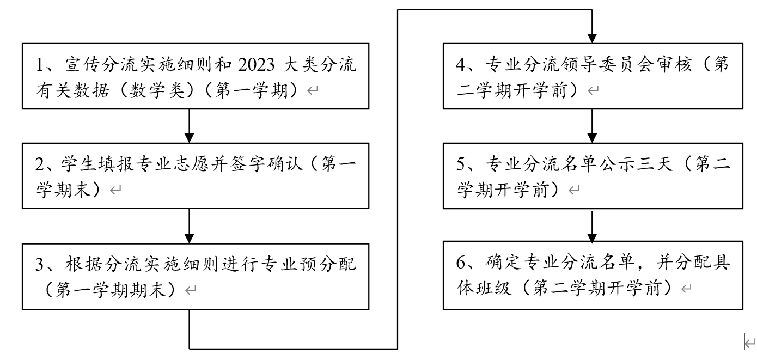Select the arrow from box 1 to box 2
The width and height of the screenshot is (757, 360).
[x=189, y=126]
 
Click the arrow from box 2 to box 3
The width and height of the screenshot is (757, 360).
[x=189, y=225]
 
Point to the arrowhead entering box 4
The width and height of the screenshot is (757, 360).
[x=592, y=37]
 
